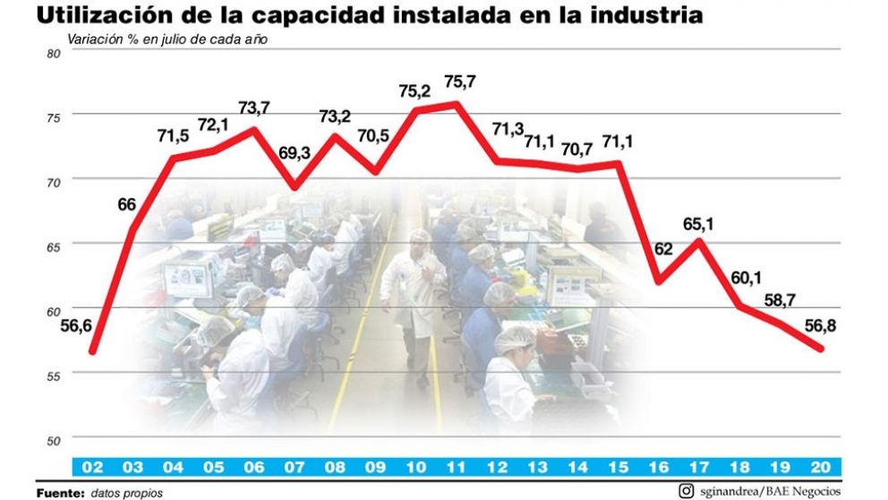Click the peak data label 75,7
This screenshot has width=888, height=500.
459,82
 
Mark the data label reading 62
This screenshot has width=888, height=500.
661,250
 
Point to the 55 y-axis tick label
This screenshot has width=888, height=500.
54,375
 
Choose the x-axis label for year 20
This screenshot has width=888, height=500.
824,467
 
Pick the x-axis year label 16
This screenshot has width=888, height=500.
661,467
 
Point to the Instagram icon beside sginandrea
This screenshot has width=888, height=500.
687,490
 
